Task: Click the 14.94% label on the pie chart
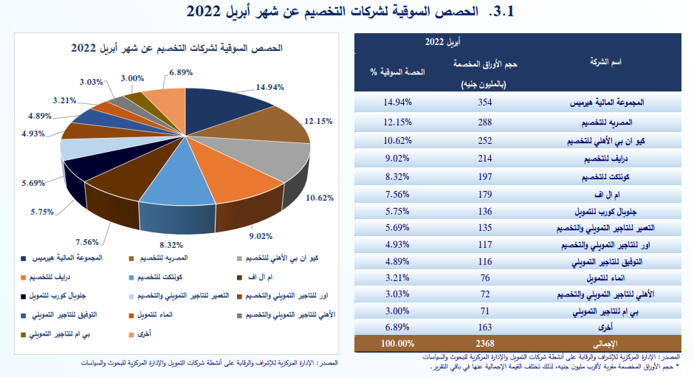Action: pos(269,86)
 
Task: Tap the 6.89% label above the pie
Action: pos(180,72)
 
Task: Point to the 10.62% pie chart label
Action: pos(320,197)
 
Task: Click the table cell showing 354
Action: pos(484,102)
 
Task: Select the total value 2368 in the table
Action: pos(484,344)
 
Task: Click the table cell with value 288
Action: pos(484,120)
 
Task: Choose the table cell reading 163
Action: pos(484,326)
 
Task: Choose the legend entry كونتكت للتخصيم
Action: pos(162,277)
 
